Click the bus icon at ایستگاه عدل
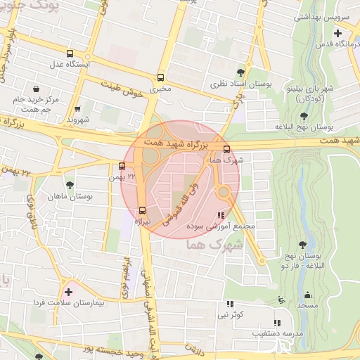(69, 53)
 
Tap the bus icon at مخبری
(160, 78)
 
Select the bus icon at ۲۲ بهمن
(122, 167)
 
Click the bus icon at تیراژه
(143, 210)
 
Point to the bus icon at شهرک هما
(226, 149)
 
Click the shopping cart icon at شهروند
(77, 108)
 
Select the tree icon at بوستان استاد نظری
(241, 72)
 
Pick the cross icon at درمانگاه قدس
(338, 33)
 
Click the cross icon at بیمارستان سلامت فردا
(67, 291)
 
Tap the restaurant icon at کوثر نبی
(229, 304)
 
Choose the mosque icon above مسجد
(307, 295)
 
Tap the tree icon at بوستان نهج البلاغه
(304, 116)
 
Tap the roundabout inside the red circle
(224, 191)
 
